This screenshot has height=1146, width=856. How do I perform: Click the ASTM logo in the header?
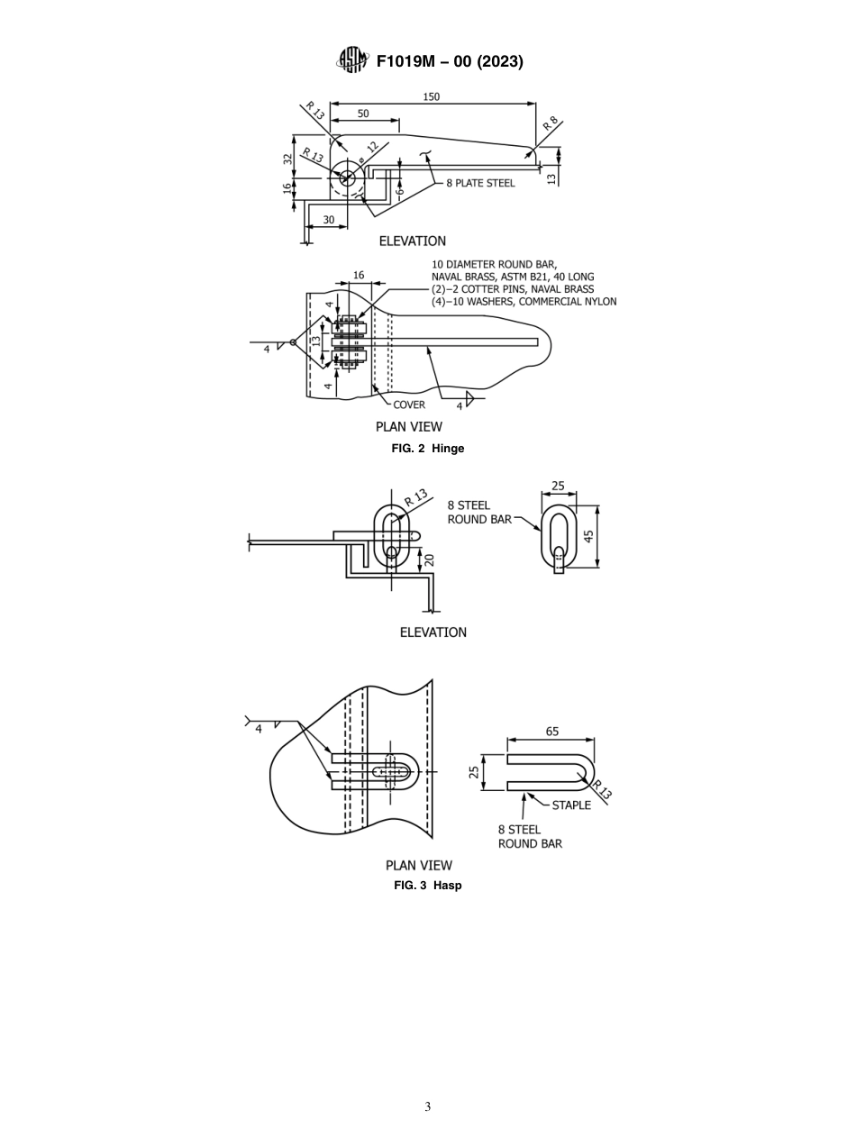[352, 60]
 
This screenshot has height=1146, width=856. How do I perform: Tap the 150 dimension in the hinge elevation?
[432, 96]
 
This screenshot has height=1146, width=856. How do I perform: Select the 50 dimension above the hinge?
[363, 114]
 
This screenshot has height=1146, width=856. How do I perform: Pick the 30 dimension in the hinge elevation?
[328, 220]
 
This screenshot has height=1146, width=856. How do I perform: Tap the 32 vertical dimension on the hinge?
[287, 158]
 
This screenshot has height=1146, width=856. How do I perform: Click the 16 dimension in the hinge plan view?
[359, 275]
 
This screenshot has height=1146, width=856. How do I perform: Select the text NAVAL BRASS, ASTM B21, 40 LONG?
[513, 277]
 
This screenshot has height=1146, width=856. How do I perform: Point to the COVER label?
[409, 405]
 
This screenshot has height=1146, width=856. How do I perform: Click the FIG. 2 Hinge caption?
[428, 448]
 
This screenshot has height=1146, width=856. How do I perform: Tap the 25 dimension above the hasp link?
[558, 486]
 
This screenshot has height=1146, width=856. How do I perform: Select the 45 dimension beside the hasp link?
[588, 535]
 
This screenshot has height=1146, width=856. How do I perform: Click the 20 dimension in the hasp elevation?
[430, 559]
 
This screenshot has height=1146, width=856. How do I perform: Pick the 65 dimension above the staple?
[551, 732]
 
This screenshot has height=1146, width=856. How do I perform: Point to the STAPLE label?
[571, 805]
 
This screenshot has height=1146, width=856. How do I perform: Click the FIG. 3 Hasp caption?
[428, 885]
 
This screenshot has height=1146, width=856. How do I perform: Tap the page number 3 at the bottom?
[428, 1106]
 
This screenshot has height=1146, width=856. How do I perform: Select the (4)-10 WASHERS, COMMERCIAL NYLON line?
[524, 302]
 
